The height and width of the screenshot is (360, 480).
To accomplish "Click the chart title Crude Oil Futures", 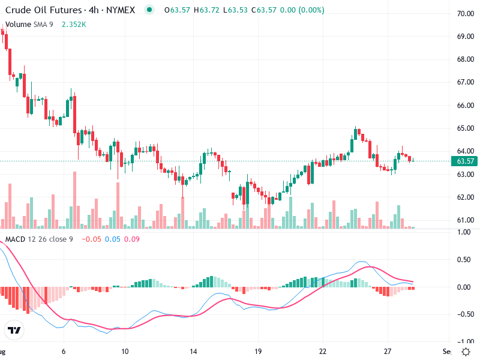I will (x=42, y=10).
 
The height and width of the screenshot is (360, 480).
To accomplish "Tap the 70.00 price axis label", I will (x=466, y=13).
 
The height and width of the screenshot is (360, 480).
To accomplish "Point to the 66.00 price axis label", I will (x=466, y=106).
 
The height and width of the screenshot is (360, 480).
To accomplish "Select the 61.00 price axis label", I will (x=466, y=220).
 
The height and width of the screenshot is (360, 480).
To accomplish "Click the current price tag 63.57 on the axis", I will (x=466, y=161).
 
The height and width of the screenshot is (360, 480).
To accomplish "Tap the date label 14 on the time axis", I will (x=193, y=351).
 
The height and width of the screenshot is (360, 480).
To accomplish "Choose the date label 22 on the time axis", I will (x=323, y=351).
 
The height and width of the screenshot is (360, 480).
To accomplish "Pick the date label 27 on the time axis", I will (x=388, y=351).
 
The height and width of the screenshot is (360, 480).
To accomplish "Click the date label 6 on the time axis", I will (x=64, y=351).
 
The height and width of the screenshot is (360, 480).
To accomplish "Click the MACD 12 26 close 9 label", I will (x=40, y=240).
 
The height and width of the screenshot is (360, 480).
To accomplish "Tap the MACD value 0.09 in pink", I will (x=131, y=240).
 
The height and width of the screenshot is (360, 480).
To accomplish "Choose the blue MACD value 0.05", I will (x=113, y=240).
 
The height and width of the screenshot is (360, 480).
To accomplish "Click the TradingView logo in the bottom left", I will (x=14, y=330).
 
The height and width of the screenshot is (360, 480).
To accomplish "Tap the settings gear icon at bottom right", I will (x=466, y=351).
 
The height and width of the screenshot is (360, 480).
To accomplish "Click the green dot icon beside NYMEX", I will (x=149, y=10).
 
